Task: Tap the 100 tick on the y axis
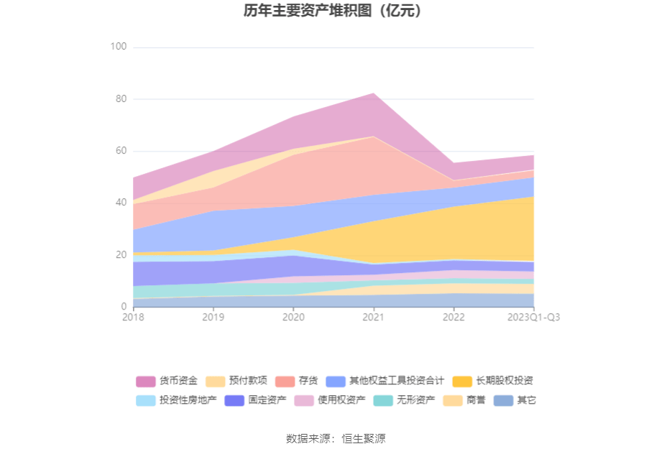click(119, 47)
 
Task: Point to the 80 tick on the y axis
click(121, 99)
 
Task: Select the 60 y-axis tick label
click(121, 151)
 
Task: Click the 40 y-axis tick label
click(121, 203)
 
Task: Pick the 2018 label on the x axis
click(133, 317)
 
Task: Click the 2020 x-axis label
click(293, 317)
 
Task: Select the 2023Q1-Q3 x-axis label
click(533, 317)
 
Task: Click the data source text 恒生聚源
click(364, 438)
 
